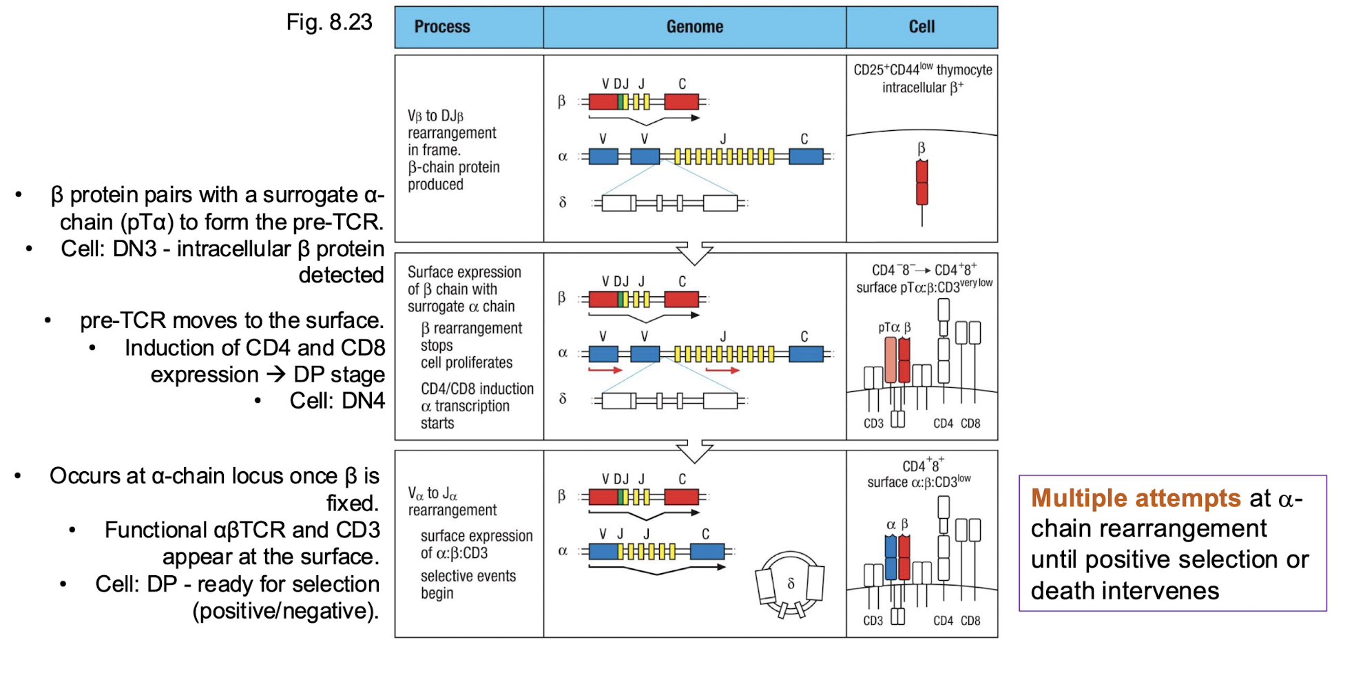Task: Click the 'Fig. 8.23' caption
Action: tap(329, 23)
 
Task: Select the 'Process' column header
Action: tap(442, 27)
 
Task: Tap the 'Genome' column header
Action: tap(694, 27)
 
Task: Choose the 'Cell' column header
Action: tap(921, 27)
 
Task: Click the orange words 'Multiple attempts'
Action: tap(1135, 498)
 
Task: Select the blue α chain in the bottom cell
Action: tap(890, 557)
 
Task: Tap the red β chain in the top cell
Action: tap(921, 183)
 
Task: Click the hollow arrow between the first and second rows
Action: tap(694, 253)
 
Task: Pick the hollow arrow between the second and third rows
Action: tap(694, 451)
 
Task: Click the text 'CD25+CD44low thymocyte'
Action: tap(923, 70)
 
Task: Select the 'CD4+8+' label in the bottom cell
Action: tap(923, 465)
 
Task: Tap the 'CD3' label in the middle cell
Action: tap(873, 424)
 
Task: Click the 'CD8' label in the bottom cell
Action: tap(970, 621)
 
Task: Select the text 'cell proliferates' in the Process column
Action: tap(466, 363)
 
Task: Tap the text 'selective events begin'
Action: tap(468, 584)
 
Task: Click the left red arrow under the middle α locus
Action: tap(605, 371)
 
